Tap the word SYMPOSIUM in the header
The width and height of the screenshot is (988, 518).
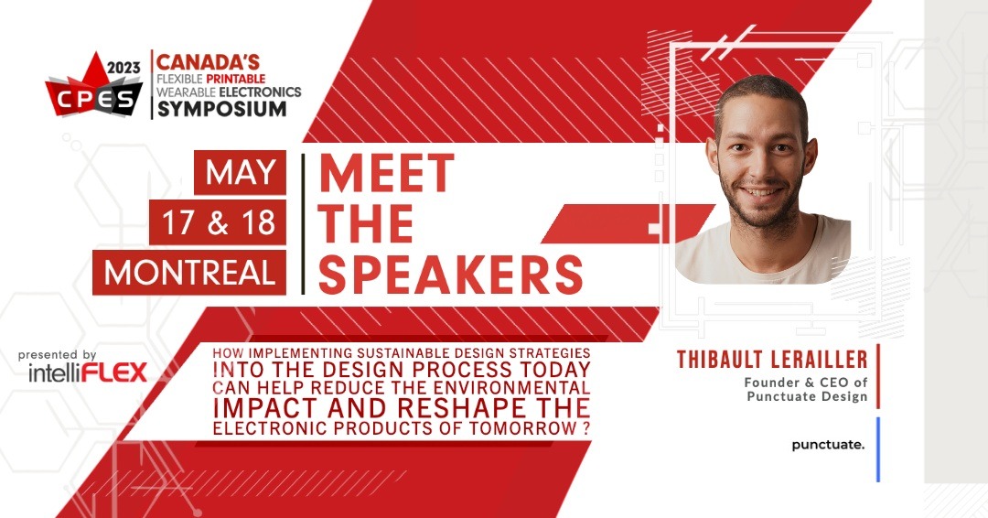coord(220,109)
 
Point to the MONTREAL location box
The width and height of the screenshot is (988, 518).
coord(189,273)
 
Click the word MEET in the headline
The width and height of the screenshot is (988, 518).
coord(386,173)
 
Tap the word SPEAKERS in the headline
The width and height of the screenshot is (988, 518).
coord(450,272)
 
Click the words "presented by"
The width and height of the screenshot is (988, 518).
coord(57,354)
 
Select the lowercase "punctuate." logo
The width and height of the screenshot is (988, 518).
coord(828,446)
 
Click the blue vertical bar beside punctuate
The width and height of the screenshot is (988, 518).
coord(878,448)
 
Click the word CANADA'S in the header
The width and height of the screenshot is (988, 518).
coord(207,63)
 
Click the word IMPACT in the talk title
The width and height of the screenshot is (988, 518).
coord(263,406)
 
